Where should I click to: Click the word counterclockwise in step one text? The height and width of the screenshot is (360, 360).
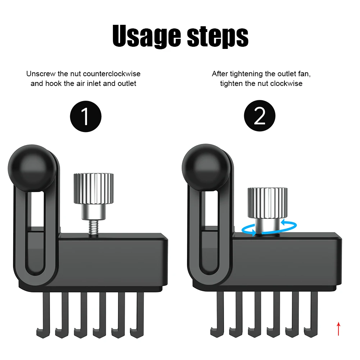pos(111,74)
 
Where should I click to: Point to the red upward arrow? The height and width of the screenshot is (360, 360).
pos(338,328)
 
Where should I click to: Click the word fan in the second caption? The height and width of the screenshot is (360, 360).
pos(303,74)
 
